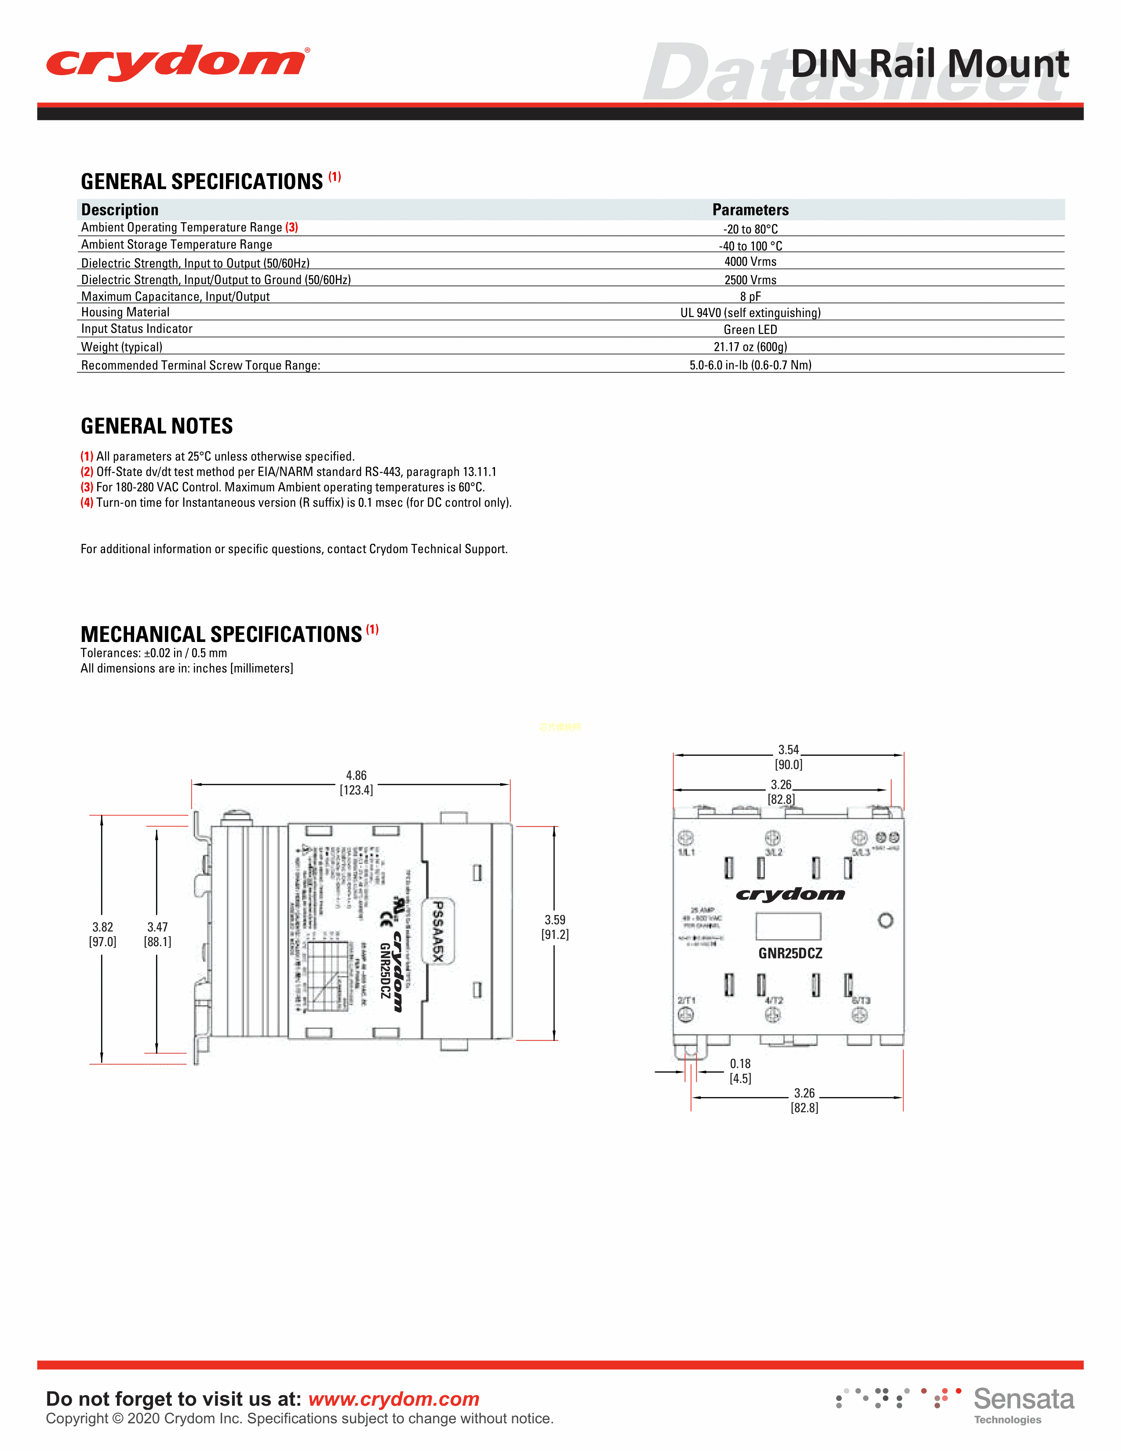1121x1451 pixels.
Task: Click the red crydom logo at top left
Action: [x=177, y=63]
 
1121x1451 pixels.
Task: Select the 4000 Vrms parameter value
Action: [x=750, y=262]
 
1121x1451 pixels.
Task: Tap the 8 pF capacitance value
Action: [x=750, y=296]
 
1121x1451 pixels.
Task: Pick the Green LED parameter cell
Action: [x=750, y=329]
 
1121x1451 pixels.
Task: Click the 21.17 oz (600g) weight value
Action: [x=750, y=347]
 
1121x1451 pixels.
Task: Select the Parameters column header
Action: [x=750, y=210]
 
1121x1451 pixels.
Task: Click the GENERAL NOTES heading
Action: [x=157, y=426]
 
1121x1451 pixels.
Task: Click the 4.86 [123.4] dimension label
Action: [x=357, y=783]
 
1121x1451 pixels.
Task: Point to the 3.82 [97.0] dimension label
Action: [x=102, y=934]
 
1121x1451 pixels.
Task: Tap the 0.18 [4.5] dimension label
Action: [x=740, y=1071]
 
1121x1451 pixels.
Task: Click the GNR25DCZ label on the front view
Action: [x=790, y=953]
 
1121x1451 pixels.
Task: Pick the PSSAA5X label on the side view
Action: [x=438, y=930]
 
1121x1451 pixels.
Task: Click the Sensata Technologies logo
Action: [x=1023, y=1404]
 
